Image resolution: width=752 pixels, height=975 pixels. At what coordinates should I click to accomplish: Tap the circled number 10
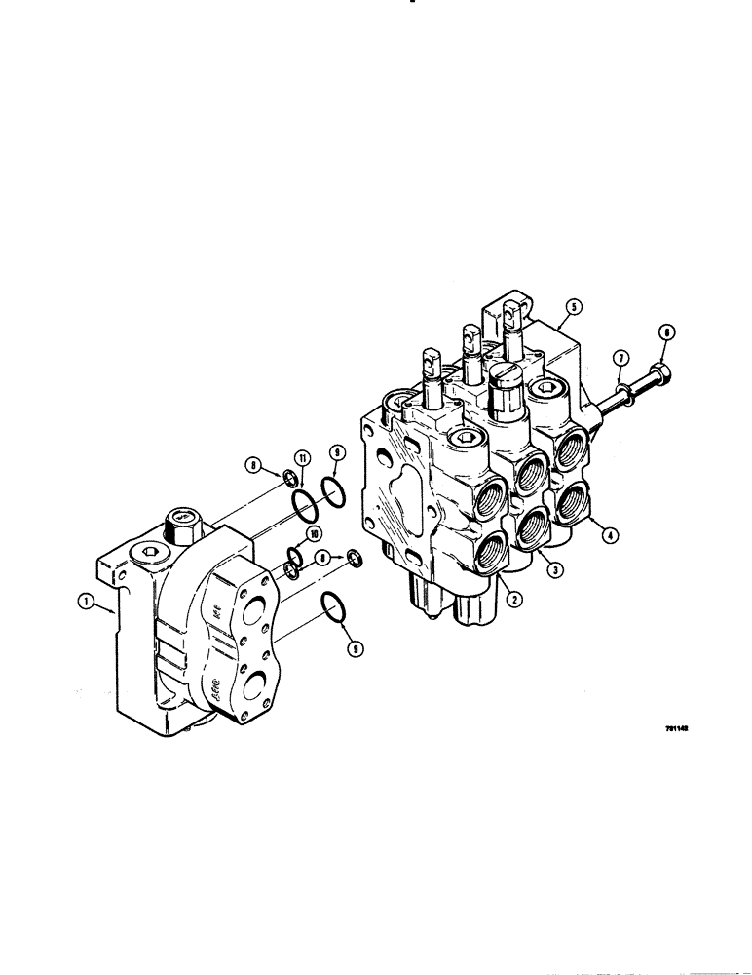pyautogui.click(x=314, y=534)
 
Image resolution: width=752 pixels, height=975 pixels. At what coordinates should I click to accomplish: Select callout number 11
pyautogui.click(x=302, y=458)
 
